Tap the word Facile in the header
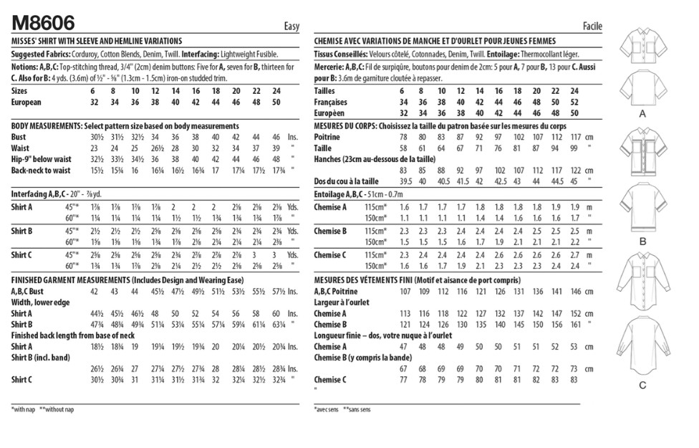[x=589, y=27]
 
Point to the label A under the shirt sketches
[x=642, y=114]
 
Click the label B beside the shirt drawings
[x=642, y=242]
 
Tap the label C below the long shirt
[x=642, y=385]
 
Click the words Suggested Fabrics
[x=40, y=54]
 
